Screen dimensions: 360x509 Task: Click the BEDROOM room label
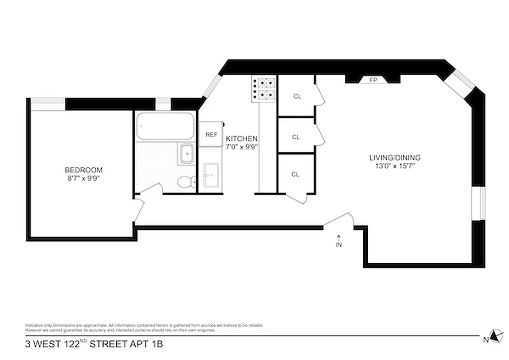coord(84,170)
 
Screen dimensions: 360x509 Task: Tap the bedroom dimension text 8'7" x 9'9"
coord(84,178)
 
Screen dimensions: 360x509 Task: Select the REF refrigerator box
coord(211,135)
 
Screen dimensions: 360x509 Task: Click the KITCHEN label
coord(241,139)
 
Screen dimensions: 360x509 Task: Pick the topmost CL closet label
coord(297,96)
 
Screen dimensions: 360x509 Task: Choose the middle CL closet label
coord(296,137)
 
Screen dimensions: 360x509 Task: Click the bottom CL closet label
coord(295,175)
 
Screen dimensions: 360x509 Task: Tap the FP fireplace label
coord(373,80)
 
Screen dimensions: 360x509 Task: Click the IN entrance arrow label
coord(339,243)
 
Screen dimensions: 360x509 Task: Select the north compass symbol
coord(495,336)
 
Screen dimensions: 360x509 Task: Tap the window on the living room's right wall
coord(478,203)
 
